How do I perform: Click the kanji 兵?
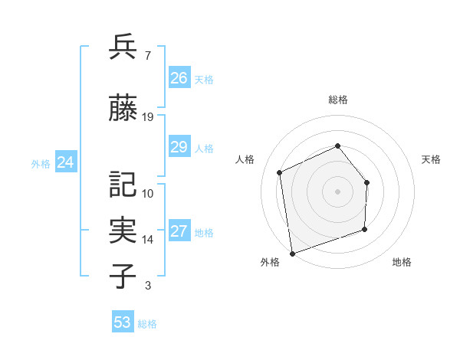click(x=123, y=47)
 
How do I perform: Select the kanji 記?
click(x=123, y=185)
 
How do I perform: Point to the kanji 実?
click(x=123, y=230)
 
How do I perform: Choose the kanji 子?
click(x=123, y=276)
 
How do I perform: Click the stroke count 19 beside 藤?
click(x=148, y=117)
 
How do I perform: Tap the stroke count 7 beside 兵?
click(x=147, y=56)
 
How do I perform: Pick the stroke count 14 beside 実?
click(x=148, y=240)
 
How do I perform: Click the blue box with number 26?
click(x=179, y=78)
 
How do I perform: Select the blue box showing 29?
click(x=179, y=147)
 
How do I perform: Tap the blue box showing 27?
click(x=179, y=232)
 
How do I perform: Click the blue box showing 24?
click(x=66, y=162)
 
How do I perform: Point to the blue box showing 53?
click(x=123, y=322)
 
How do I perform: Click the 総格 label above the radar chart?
click(x=337, y=100)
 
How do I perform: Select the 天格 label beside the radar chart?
click(x=431, y=159)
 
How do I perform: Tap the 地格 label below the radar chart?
click(x=402, y=263)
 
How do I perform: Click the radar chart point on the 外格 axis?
click(x=292, y=252)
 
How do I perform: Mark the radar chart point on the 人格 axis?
click(x=280, y=172)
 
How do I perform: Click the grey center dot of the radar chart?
click(x=337, y=191)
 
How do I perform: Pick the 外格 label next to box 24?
click(x=41, y=163)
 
